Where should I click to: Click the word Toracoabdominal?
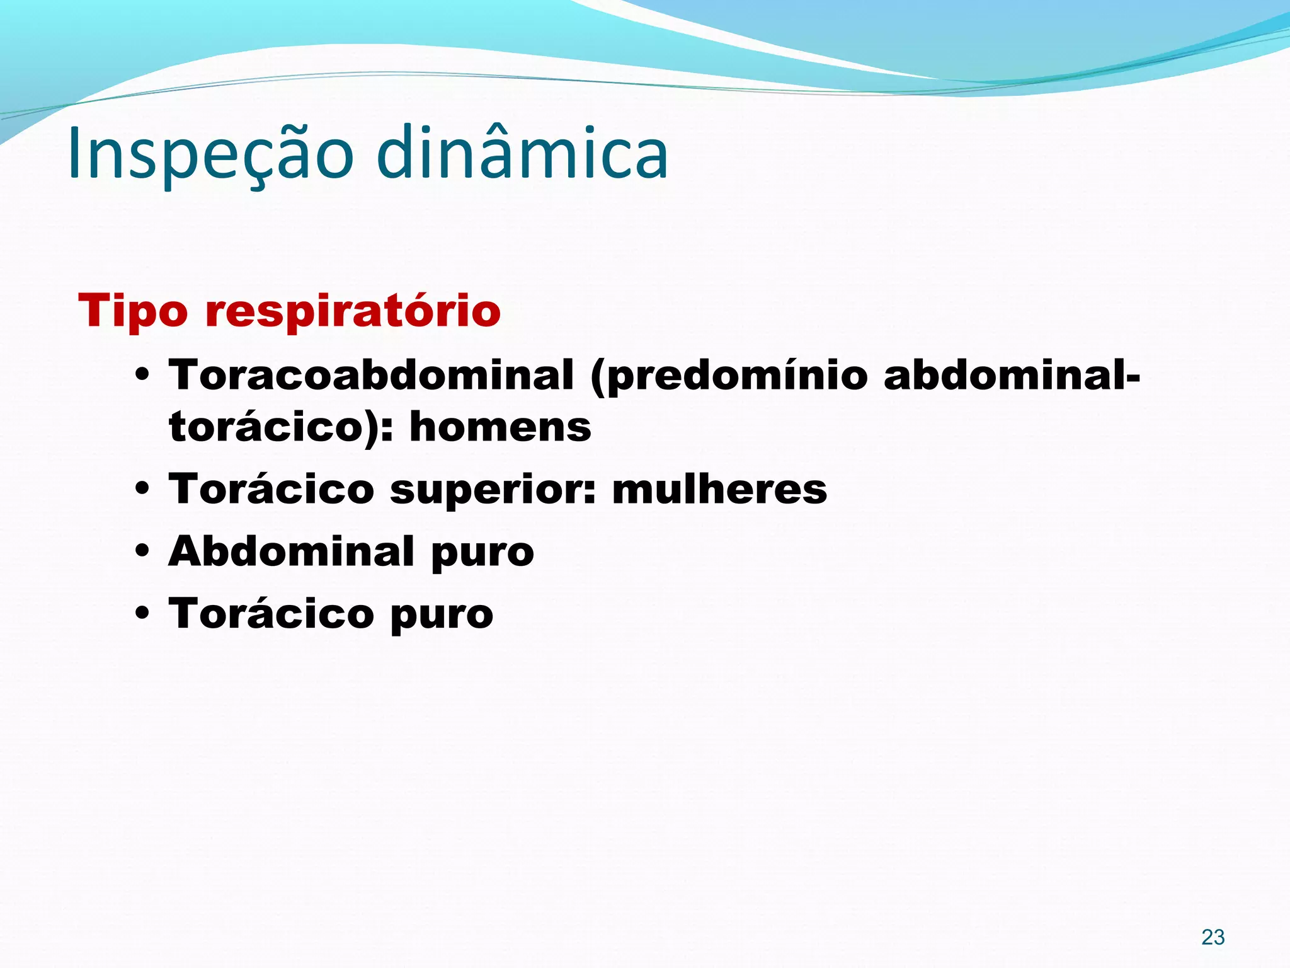pos(371,375)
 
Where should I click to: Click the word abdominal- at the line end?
pos(1012,375)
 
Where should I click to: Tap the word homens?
pos(500,427)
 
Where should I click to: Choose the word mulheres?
pos(719,489)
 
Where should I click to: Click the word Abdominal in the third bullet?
pos(292,551)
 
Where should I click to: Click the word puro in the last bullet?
pos(442,615)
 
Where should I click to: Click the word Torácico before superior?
pos(271,489)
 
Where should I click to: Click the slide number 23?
pos(1213,937)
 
